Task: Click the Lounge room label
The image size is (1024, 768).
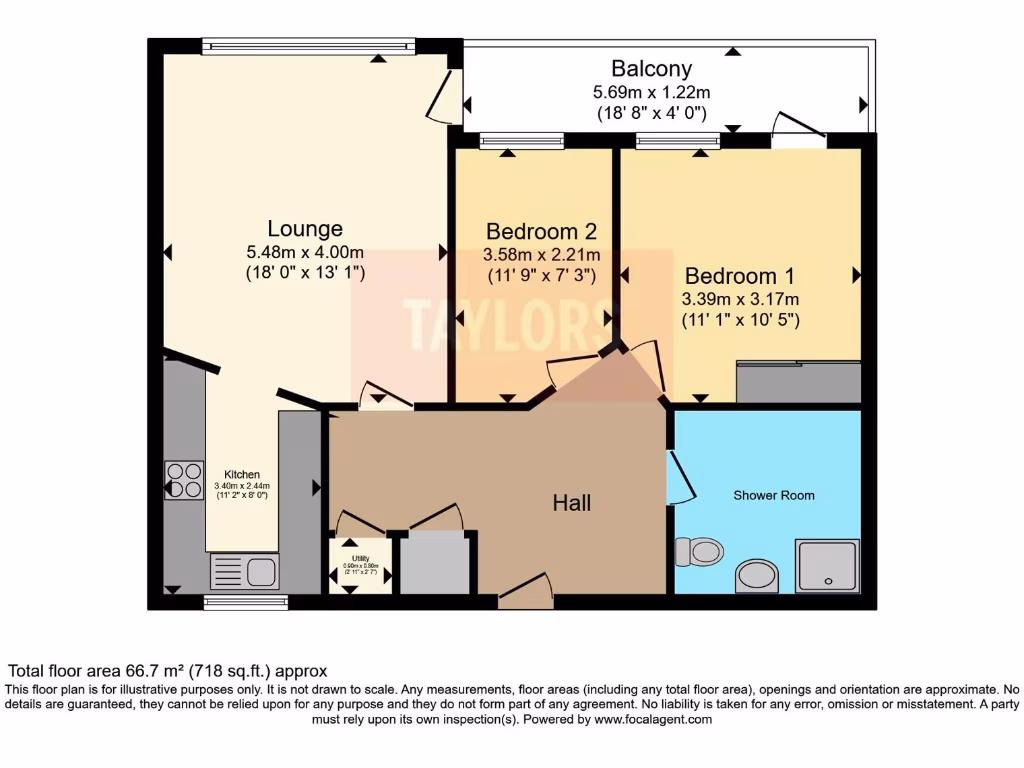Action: (305, 229)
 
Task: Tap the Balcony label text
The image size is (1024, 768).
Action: (651, 69)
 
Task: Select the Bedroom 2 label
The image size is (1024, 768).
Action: (541, 232)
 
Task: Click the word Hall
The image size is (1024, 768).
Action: (572, 502)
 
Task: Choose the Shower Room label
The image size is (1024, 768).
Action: (773, 495)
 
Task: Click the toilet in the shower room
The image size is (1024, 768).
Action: (700, 550)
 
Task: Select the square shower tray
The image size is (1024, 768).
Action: (827, 566)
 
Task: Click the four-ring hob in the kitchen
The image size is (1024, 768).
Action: (184, 479)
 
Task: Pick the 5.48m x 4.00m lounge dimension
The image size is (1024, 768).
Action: (305, 252)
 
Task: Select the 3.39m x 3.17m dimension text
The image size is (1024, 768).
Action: (741, 299)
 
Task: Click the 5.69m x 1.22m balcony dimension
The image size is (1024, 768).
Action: (651, 92)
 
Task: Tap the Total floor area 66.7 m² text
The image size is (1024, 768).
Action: (168, 671)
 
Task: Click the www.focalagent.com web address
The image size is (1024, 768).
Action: (653, 719)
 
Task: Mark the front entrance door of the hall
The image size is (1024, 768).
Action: (526, 596)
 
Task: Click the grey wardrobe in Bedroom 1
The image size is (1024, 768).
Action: (798, 382)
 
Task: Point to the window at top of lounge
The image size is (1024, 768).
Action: (308, 45)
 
